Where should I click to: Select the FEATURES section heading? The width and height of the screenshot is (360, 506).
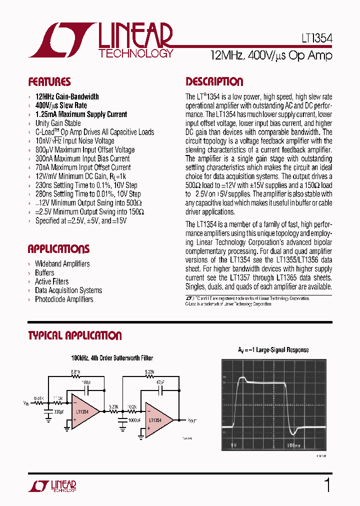(x=49, y=82)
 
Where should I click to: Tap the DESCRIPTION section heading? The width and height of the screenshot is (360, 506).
(x=214, y=82)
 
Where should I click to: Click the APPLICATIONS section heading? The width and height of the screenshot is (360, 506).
(x=58, y=249)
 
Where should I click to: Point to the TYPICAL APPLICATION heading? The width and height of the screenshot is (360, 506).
(x=75, y=335)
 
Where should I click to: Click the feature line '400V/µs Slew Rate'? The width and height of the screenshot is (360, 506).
(x=61, y=105)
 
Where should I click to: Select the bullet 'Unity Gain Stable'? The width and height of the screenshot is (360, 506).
(x=58, y=123)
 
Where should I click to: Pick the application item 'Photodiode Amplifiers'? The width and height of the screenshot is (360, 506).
(x=64, y=299)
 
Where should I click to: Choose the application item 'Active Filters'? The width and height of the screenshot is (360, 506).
(x=52, y=281)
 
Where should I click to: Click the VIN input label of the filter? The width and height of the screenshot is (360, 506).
(x=26, y=402)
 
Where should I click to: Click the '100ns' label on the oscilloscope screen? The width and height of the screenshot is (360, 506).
(x=294, y=443)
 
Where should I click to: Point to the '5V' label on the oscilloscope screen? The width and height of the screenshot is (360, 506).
(x=233, y=443)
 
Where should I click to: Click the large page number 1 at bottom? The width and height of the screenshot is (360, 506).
(x=327, y=486)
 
